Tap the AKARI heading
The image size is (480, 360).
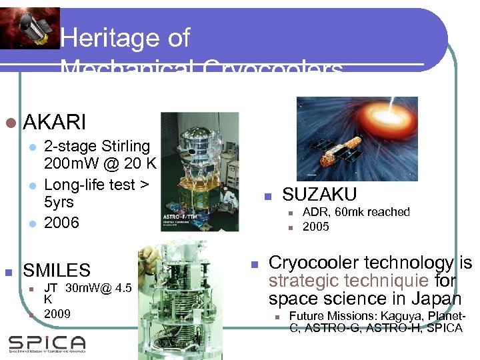point(55,123)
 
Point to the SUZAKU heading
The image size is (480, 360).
point(319,195)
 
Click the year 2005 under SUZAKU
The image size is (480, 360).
point(316,227)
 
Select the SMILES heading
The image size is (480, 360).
point(57,271)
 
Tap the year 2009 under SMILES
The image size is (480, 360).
point(57,313)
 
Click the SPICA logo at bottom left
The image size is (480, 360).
point(47,343)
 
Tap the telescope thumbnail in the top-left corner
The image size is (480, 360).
point(30,27)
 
